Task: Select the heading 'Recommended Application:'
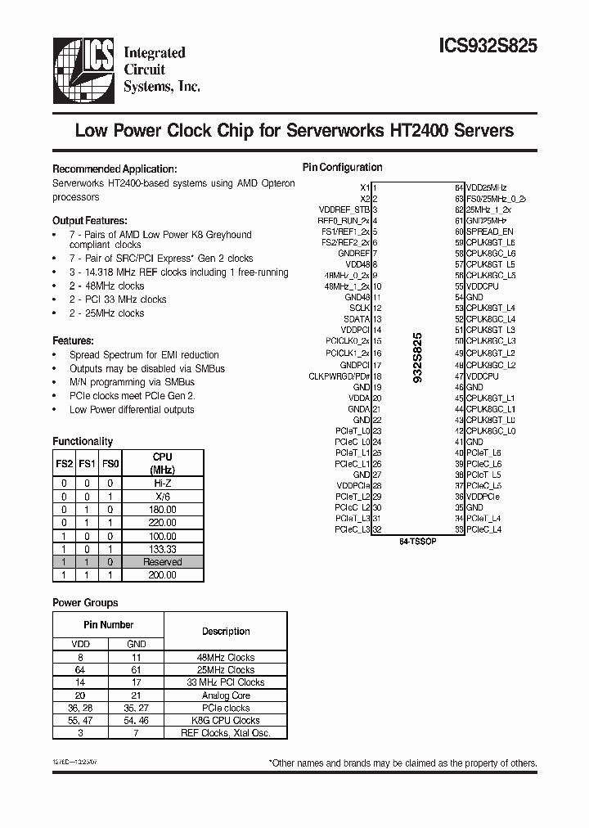(x=115, y=168)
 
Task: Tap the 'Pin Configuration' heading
(x=342, y=167)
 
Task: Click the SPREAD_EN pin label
(x=489, y=232)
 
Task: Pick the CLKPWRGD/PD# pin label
(x=339, y=376)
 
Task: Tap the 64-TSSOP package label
(x=416, y=542)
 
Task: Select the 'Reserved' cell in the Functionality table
(x=163, y=562)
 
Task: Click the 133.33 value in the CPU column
(x=163, y=549)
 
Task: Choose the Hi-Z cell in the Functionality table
(x=163, y=483)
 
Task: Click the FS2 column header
(x=64, y=463)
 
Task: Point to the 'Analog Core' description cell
(x=225, y=695)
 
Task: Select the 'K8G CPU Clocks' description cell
(x=225, y=721)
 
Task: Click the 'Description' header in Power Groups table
(x=225, y=632)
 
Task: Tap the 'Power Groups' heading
(x=85, y=602)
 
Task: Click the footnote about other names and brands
(x=402, y=763)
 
